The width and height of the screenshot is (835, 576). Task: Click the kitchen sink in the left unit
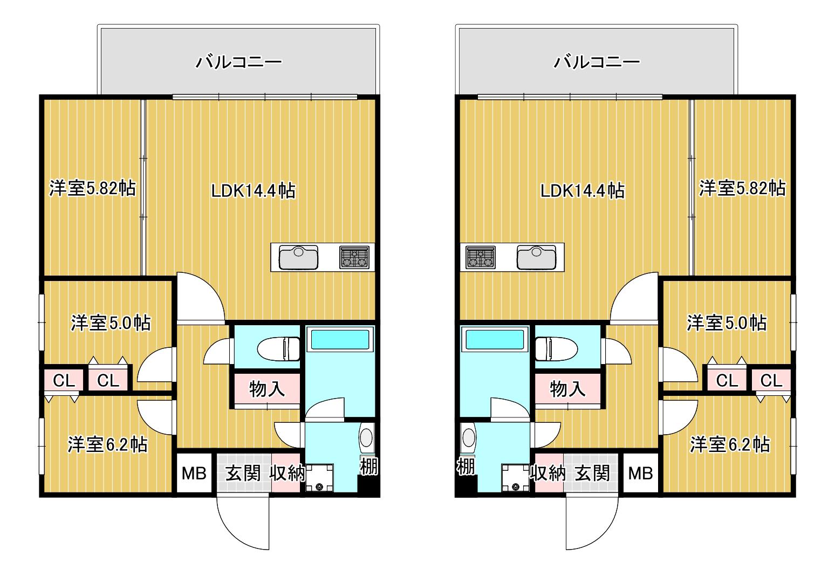click(x=299, y=257)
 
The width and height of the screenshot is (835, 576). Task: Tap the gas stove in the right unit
click(x=481, y=257)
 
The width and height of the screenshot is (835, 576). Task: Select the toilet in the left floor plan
click(x=278, y=349)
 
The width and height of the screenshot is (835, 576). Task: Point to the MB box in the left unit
click(x=194, y=474)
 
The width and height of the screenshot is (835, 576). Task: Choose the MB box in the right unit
click(x=640, y=474)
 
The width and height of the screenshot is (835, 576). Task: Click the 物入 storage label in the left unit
click(x=267, y=389)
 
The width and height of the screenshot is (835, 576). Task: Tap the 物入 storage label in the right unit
click(x=567, y=389)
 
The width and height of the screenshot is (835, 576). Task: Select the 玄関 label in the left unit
click(x=243, y=474)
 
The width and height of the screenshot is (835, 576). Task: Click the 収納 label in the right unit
click(x=548, y=474)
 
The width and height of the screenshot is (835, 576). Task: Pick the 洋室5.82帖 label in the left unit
click(x=92, y=188)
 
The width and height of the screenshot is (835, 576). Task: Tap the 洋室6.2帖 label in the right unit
click(x=729, y=444)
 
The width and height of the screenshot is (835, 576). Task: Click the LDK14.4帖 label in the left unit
click(x=254, y=191)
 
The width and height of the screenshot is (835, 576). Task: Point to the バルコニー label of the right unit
click(x=597, y=62)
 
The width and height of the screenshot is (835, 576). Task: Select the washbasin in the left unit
click(x=366, y=438)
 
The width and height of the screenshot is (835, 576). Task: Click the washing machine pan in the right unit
click(x=516, y=478)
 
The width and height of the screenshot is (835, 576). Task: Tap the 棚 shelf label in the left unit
click(x=369, y=466)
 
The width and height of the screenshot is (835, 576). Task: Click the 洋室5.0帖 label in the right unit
click(x=727, y=323)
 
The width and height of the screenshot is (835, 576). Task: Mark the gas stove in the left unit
click(x=354, y=257)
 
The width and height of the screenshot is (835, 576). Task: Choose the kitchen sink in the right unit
click(x=536, y=257)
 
